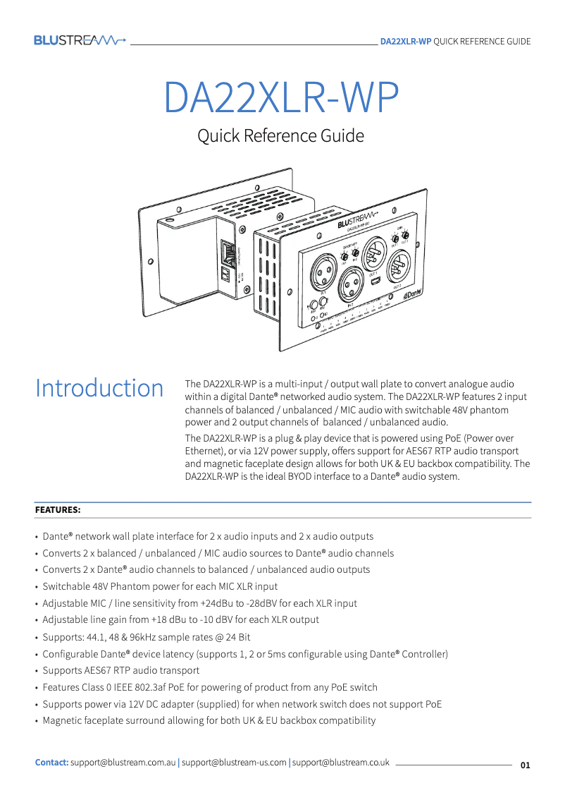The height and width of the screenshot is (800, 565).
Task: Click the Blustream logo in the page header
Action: (x=80, y=40)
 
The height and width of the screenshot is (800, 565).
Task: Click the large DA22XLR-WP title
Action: (x=282, y=97)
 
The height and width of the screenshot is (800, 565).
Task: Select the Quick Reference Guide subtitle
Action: (x=280, y=135)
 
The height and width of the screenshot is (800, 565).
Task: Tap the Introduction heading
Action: (x=99, y=388)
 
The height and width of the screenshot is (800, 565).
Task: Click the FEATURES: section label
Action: (x=58, y=509)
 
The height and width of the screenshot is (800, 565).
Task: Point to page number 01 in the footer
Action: (x=525, y=765)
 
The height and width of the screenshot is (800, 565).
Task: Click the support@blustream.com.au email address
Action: (x=123, y=763)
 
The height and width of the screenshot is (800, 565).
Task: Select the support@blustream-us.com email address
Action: (x=234, y=763)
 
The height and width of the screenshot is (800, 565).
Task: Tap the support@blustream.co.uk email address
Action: (x=341, y=763)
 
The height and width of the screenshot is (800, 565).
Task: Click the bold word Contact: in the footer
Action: (x=52, y=763)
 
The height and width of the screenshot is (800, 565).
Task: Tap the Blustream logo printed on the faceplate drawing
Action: (x=357, y=222)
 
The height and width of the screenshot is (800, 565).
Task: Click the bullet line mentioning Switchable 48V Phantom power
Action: (x=160, y=586)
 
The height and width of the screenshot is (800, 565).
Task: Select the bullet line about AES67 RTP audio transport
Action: (x=120, y=670)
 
